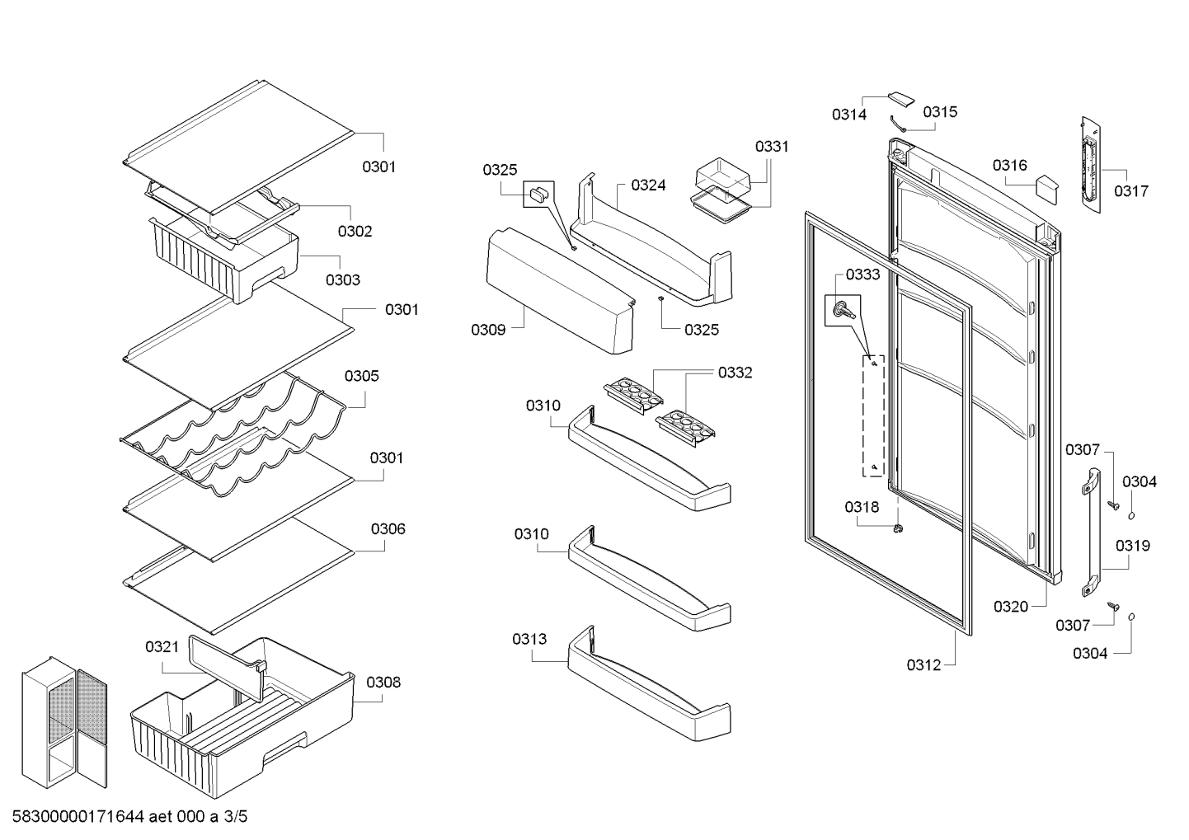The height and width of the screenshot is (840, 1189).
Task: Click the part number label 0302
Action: (355, 232)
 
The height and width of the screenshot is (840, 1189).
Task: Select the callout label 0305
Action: (361, 376)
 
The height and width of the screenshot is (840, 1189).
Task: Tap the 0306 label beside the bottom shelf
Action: (388, 529)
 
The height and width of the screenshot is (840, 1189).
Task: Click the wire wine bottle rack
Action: (233, 435)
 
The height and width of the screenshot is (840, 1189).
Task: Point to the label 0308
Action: (383, 683)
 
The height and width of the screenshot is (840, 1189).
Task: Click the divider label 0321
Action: (162, 647)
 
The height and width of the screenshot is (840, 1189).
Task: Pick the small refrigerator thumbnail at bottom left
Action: (64, 722)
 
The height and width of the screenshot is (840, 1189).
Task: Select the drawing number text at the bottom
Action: (129, 816)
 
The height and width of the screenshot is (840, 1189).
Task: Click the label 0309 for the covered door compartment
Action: (488, 330)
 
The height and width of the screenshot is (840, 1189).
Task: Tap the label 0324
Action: (648, 185)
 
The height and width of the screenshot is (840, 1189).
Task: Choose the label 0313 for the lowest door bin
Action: (529, 640)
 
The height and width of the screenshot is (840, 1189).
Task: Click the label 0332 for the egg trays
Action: (735, 373)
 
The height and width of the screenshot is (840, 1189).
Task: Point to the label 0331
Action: (772, 147)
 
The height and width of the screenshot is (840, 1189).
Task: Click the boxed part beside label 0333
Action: (843, 310)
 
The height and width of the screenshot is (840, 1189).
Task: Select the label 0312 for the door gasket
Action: (923, 665)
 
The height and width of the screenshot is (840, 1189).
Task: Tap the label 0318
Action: (862, 507)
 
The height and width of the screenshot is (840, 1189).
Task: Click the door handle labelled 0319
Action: (1091, 533)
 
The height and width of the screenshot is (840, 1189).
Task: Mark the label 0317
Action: (1131, 191)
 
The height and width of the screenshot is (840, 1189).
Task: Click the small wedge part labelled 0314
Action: (900, 100)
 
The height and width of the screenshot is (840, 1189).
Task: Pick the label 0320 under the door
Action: (1011, 607)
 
